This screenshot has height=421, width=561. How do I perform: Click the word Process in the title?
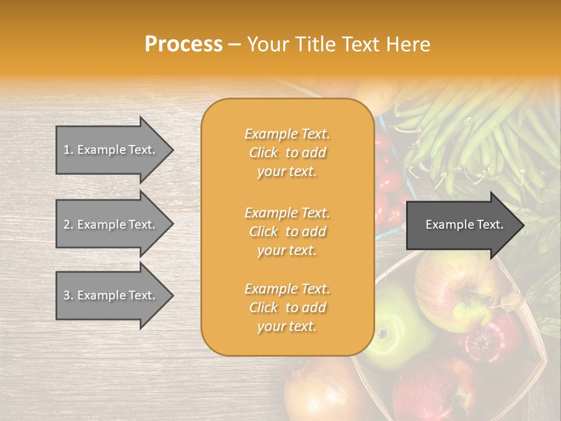[183, 44]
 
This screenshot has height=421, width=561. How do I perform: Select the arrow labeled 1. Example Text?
[111, 150]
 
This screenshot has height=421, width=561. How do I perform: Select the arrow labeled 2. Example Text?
[111, 225]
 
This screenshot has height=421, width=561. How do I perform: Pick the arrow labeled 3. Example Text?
[111, 295]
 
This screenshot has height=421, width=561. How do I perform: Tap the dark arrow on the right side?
[464, 225]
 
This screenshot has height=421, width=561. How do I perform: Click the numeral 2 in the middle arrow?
[67, 225]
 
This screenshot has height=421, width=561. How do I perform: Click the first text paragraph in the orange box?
[287, 153]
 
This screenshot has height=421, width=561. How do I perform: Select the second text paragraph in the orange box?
[287, 232]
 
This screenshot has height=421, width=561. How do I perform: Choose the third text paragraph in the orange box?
[287, 308]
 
